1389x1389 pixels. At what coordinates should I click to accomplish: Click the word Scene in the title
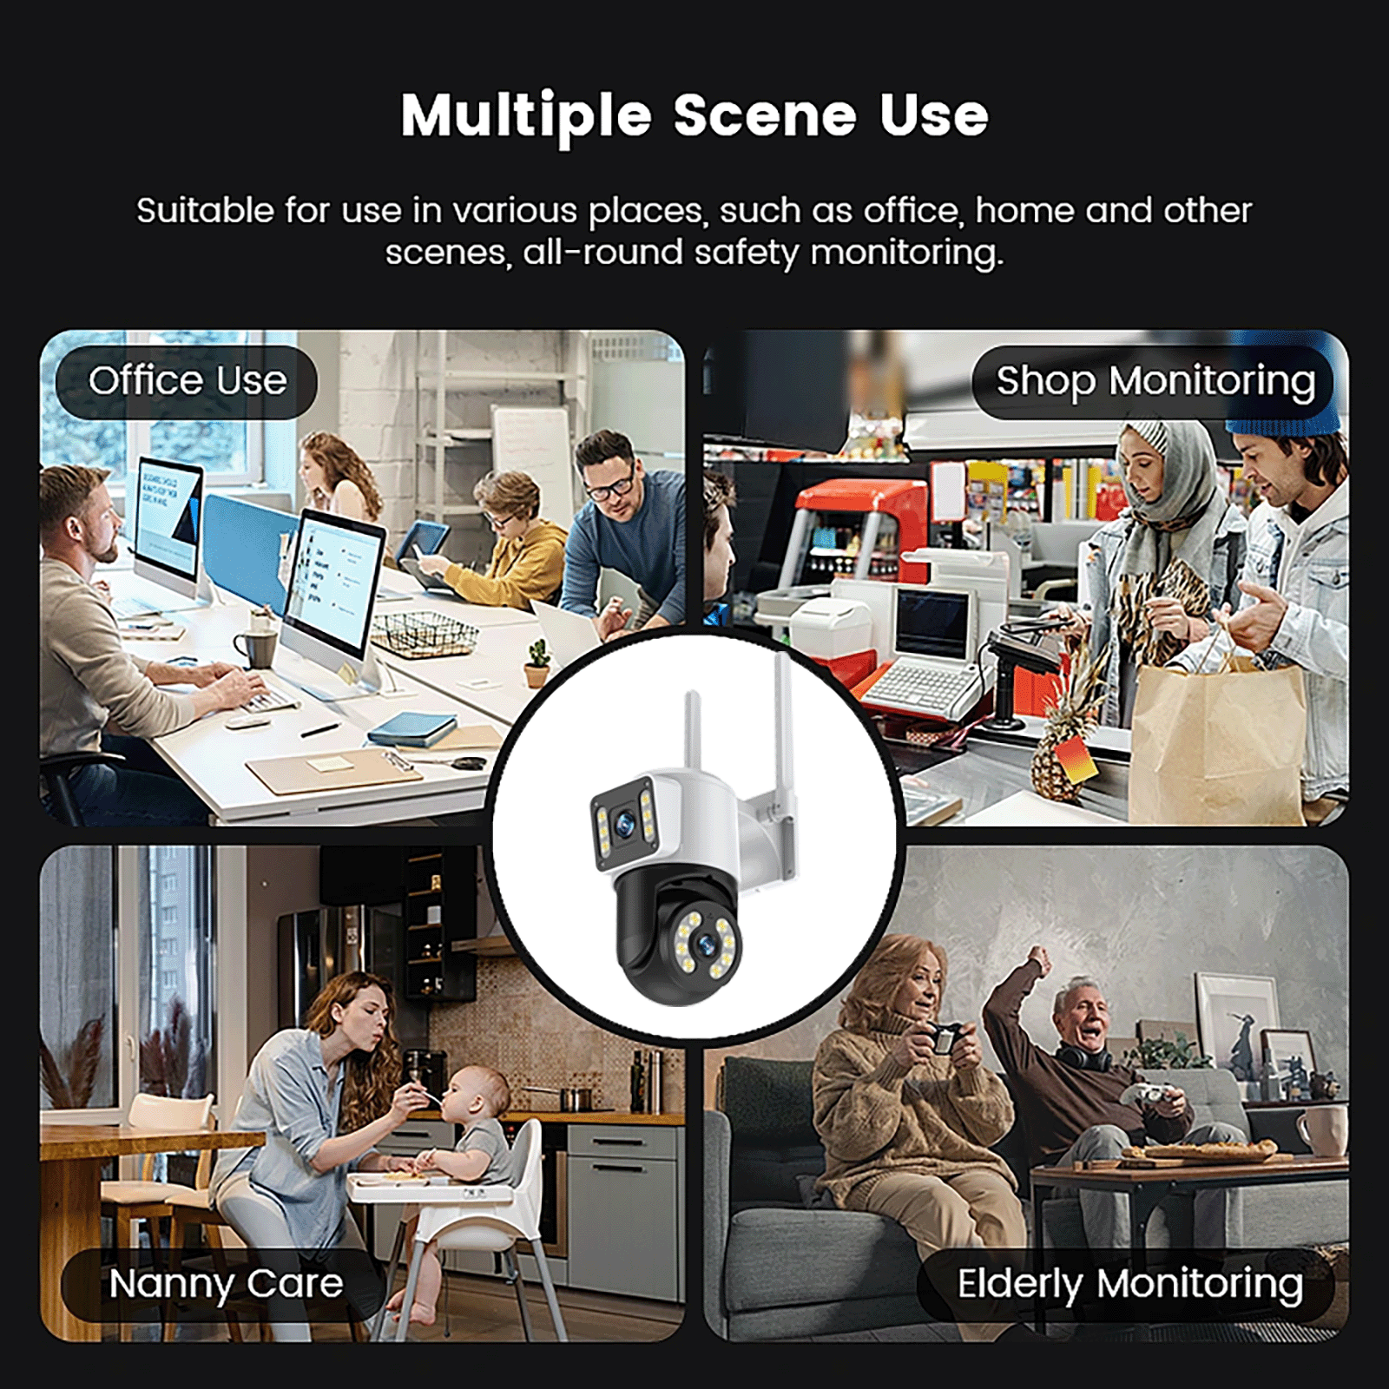click(x=765, y=115)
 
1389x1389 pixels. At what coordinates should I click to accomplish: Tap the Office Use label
click(x=187, y=382)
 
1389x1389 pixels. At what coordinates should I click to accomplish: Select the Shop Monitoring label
click(x=1154, y=382)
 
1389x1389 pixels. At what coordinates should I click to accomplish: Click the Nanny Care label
click(x=225, y=1285)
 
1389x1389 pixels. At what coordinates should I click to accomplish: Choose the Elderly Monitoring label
click(x=1128, y=1285)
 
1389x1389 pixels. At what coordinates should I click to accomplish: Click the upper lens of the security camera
click(x=623, y=824)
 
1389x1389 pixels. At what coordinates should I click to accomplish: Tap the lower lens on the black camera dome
click(x=704, y=942)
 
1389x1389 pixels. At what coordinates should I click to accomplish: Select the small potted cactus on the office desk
click(x=537, y=665)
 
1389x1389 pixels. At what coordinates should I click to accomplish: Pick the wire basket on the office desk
click(x=425, y=633)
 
